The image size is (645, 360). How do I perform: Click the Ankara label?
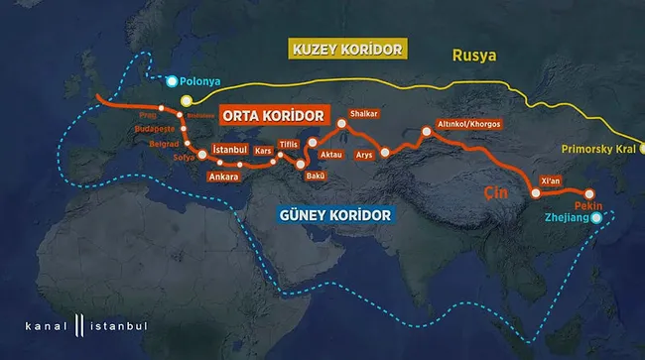coord(223,178)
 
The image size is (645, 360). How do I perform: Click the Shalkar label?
coord(365,113)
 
